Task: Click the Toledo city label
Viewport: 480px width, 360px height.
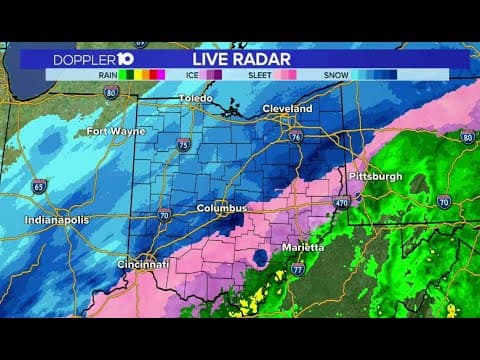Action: (x=196, y=98)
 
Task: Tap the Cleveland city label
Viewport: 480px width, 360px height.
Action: (x=287, y=108)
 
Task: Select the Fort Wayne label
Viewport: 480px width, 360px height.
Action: (x=110, y=131)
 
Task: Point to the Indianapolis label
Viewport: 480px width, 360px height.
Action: (x=57, y=219)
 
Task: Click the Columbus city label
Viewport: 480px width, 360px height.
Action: (x=221, y=208)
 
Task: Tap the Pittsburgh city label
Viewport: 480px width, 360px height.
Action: (x=377, y=176)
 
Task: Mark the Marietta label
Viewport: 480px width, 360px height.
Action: (x=300, y=246)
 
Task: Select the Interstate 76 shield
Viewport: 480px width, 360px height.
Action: (x=296, y=136)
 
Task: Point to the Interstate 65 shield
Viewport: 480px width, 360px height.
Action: (x=39, y=186)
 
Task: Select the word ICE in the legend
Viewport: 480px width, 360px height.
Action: (x=190, y=74)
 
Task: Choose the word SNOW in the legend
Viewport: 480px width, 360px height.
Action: (x=335, y=74)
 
